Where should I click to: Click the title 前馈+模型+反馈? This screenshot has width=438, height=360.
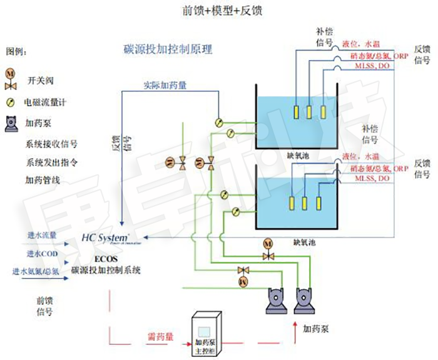coord(218,11)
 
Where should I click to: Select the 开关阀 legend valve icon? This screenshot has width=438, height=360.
coord(11,77)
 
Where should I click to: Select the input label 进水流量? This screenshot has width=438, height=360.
coord(42,236)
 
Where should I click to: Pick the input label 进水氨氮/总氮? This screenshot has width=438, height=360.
coord(36,271)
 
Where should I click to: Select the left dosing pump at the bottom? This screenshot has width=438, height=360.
coord(276,299)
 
